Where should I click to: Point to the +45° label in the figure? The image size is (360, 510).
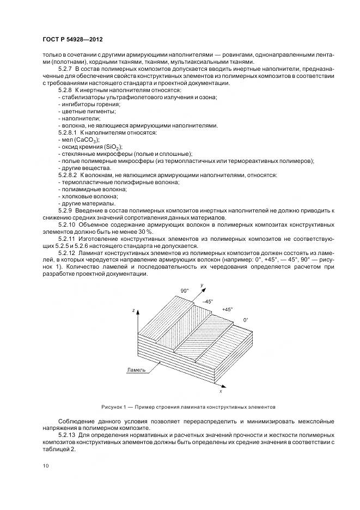tap(227, 309)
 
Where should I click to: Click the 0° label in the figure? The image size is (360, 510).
tap(246, 320)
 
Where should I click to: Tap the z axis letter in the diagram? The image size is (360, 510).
tap(133, 310)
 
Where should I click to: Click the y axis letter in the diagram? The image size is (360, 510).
tap(202, 285)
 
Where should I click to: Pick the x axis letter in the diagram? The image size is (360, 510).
tap(220, 391)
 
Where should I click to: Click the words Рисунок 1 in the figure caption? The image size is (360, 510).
tap(114, 406)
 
